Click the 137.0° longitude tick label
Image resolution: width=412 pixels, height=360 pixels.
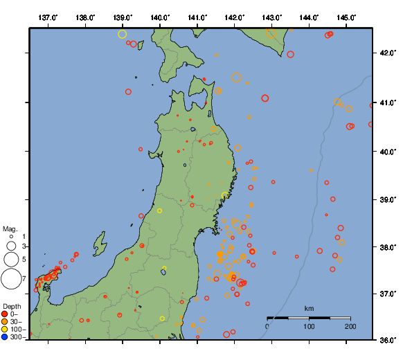[x=48, y=17]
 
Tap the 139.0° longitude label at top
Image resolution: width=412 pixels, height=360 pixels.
[x=123, y=17]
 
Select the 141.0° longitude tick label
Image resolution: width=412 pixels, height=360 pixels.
[x=197, y=17]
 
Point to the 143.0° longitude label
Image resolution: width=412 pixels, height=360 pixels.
[x=272, y=17]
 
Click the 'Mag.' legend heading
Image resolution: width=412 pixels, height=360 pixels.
[x=10, y=228]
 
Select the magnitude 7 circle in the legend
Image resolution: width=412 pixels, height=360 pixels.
[x=10, y=278]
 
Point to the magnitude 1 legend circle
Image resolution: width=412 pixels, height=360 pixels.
[x=11, y=237]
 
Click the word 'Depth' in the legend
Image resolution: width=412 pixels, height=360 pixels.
[x=11, y=306]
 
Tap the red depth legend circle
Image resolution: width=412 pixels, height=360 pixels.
[x=5, y=314]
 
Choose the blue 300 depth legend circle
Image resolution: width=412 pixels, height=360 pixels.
[x=5, y=337]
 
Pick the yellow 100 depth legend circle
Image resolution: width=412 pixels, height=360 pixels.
[x=5, y=330]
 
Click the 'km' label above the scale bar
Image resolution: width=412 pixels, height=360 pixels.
[x=309, y=308]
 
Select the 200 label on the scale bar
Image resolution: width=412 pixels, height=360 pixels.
[x=350, y=326]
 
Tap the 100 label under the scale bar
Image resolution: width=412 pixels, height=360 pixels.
[x=309, y=326]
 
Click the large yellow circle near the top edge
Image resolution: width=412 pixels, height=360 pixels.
[x=123, y=34]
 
